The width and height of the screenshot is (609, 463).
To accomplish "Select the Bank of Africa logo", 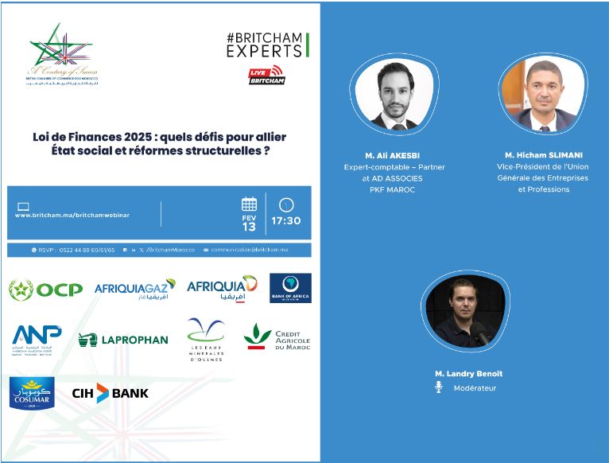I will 290,288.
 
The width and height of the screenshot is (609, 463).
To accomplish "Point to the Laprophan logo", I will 123,340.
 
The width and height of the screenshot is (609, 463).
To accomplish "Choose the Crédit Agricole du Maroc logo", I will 276,337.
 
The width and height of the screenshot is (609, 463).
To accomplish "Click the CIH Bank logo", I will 110,393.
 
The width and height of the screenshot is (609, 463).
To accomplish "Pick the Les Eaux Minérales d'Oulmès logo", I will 206,340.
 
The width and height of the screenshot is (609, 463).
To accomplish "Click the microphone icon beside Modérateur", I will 438,387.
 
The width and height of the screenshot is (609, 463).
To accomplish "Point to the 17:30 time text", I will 286,220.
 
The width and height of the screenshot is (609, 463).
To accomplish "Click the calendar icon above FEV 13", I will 249,204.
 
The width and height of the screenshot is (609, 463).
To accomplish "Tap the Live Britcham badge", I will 266,76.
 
